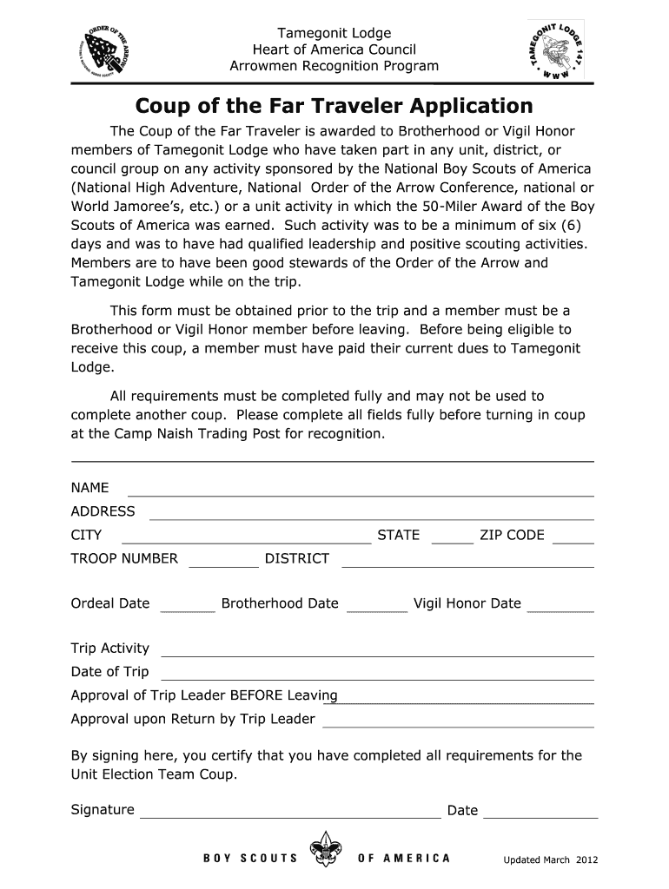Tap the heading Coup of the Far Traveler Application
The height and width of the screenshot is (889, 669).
(x=334, y=106)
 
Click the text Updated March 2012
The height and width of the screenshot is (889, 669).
(x=551, y=860)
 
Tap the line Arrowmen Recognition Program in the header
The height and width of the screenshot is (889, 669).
(x=334, y=66)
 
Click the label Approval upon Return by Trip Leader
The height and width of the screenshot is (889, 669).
(x=192, y=719)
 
